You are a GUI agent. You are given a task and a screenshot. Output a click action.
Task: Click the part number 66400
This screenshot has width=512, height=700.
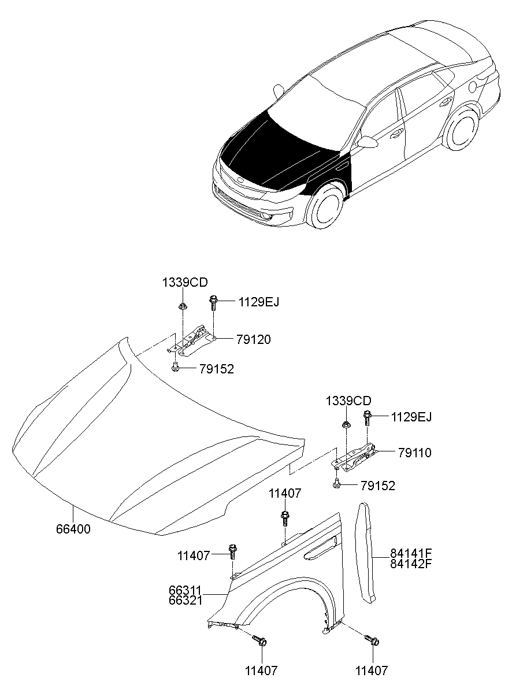(x=73, y=529)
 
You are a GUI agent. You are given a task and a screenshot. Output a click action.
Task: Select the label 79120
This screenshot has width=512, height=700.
(x=253, y=339)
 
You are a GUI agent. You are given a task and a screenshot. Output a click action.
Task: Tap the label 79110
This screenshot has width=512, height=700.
(x=414, y=453)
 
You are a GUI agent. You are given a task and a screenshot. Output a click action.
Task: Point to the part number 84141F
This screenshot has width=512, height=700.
(x=411, y=553)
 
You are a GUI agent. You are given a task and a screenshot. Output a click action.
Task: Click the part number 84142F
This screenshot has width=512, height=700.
(x=411, y=564)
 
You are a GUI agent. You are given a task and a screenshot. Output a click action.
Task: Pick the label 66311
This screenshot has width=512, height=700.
(x=185, y=590)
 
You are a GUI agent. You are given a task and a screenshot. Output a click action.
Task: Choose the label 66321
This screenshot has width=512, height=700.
(x=185, y=600)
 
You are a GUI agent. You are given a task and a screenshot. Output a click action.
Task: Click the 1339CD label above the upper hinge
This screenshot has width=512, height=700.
(x=185, y=283)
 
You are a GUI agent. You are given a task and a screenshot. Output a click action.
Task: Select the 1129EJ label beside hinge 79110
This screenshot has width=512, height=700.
(x=411, y=417)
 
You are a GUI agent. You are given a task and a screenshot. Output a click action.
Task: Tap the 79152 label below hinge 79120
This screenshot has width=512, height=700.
(x=217, y=369)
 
